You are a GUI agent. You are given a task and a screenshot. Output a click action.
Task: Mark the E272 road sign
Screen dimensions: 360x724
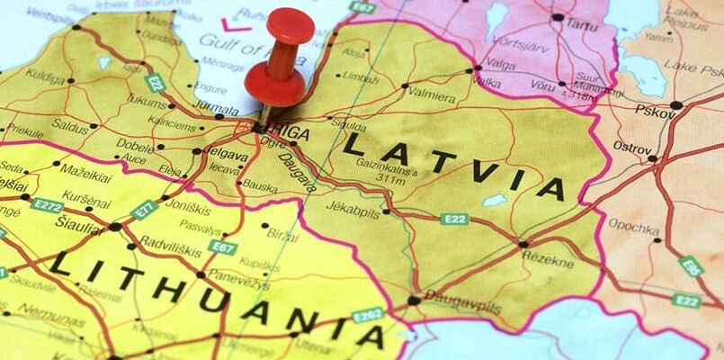pyautogui.click(x=47, y=204)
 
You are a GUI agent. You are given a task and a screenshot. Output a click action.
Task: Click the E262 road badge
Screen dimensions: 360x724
pyautogui.click(x=368, y=315)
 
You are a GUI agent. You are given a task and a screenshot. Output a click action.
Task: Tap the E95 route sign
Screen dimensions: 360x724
pyautogui.click(x=691, y=266)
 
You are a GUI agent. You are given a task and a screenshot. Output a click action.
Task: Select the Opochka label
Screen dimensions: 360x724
pyautogui.click(x=634, y=224)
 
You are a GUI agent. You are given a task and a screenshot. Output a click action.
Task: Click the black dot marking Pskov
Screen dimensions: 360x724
pyautogui.click(x=675, y=105)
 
